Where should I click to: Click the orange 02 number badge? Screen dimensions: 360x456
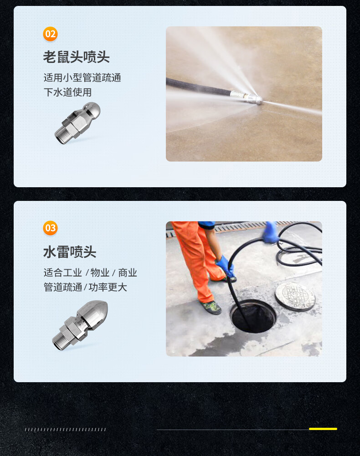[50, 34]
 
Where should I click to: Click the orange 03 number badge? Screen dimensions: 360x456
[50, 228]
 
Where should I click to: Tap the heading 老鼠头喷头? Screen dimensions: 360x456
[76, 56]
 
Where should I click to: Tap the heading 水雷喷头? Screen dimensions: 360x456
[70, 251]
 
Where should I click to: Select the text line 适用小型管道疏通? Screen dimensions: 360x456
[82, 77]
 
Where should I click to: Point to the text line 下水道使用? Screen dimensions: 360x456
[68, 92]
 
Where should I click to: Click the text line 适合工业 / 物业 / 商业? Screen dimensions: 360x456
[90, 272]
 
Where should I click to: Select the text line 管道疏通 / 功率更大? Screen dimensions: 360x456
[85, 287]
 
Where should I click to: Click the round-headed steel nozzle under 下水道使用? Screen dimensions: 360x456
[77, 123]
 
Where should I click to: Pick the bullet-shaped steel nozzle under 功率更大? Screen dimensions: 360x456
[80, 325]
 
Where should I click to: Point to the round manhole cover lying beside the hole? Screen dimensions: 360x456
[295, 297]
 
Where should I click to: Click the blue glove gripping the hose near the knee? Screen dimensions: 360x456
[225, 266]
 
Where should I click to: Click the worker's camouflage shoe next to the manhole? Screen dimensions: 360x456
[211, 307]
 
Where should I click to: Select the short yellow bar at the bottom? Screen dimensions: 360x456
[323, 429]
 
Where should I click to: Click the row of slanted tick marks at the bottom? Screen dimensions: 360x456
[65, 430]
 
